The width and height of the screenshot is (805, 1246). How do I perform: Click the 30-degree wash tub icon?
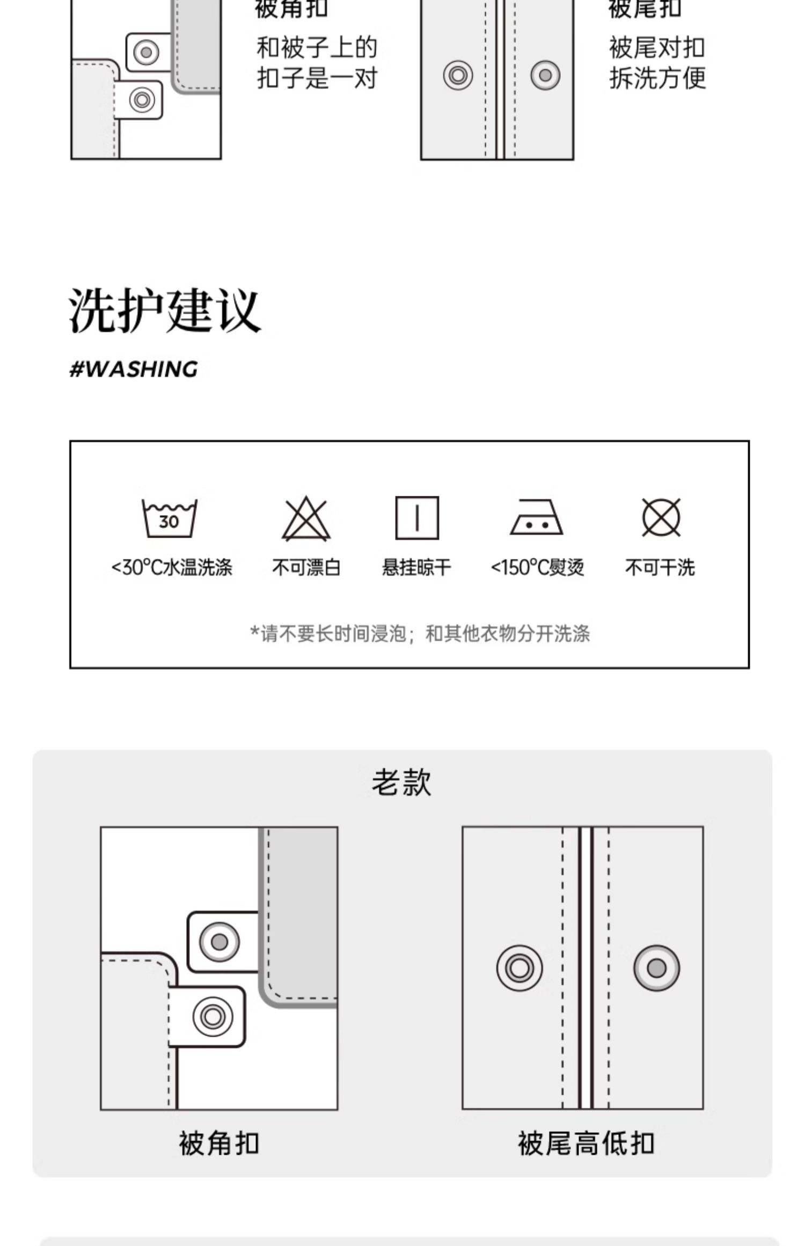click(x=169, y=518)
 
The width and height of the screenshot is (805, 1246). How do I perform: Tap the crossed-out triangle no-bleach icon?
click(x=306, y=518)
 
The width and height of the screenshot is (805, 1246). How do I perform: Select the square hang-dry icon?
click(x=417, y=518)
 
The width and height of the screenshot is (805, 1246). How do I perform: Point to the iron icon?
click(x=536, y=518)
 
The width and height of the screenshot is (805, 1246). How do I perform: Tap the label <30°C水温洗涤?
click(x=172, y=567)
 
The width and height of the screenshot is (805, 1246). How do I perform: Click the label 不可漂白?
click(x=306, y=567)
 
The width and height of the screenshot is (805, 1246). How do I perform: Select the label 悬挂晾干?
click(x=416, y=567)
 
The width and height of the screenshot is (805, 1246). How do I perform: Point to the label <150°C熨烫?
click(x=537, y=567)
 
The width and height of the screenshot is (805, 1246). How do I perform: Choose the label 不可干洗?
click(x=660, y=567)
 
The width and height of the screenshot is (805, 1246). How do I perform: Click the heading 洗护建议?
click(x=165, y=311)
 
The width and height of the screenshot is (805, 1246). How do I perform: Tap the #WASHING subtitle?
click(x=134, y=369)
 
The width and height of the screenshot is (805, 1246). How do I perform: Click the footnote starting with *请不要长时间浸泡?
click(x=420, y=634)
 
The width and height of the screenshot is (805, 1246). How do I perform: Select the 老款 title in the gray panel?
click(x=401, y=782)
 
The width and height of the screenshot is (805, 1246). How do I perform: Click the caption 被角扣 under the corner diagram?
click(x=219, y=1144)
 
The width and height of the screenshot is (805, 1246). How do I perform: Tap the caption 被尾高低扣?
click(x=586, y=1144)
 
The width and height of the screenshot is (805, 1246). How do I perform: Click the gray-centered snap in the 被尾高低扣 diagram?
click(x=656, y=968)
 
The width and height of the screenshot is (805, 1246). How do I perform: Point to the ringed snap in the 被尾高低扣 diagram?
click(x=519, y=968)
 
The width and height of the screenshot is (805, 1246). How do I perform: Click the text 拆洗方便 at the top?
click(x=657, y=79)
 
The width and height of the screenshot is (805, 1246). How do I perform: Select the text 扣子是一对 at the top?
click(x=317, y=79)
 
